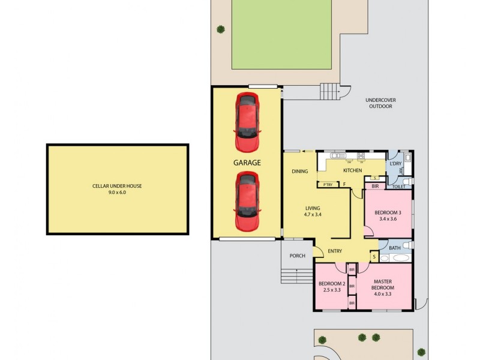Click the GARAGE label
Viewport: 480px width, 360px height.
click(247, 163)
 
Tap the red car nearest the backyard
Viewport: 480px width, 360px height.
click(247, 122)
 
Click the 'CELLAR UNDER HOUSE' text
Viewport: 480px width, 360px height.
click(117, 186)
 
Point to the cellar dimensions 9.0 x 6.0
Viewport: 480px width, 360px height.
click(117, 193)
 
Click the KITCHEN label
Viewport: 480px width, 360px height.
click(353, 171)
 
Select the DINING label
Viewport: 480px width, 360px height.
click(300, 172)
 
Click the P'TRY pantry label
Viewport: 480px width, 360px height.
click(328, 185)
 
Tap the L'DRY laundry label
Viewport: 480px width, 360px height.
click(395, 164)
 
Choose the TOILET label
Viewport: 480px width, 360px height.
click(399, 187)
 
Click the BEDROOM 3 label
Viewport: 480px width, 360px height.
click(388, 212)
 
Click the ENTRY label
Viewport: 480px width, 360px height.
click(335, 251)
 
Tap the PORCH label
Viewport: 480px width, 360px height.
click(298, 256)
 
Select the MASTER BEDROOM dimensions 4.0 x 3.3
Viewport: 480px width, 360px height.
click(383, 295)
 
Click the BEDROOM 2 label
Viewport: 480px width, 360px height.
click(332, 283)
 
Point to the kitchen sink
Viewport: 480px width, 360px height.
click(361, 157)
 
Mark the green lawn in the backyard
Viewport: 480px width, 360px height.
click(282, 34)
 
